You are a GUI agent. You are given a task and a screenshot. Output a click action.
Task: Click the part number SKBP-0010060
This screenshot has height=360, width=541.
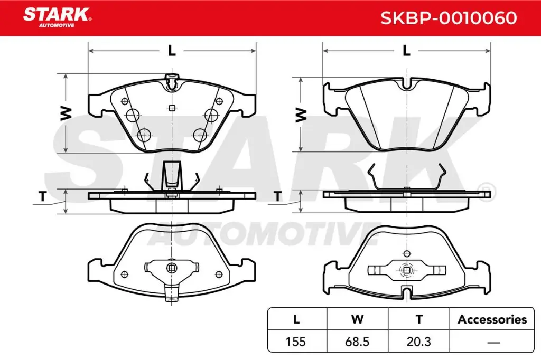[449, 18]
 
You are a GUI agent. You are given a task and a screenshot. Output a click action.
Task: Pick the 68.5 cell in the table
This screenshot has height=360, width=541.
[357, 342]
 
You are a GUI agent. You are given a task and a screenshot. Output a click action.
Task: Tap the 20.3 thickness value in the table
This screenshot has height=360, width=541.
[419, 342]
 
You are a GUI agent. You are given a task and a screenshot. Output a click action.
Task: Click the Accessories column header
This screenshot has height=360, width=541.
[492, 319]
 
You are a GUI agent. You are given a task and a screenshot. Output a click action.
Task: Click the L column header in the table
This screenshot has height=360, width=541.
[296, 319]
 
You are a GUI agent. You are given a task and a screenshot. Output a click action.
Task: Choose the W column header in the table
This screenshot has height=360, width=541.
[357, 319]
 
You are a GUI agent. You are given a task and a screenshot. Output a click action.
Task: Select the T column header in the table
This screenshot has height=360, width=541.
[419, 319]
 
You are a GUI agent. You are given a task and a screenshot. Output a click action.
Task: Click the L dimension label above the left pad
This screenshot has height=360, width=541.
[171, 51]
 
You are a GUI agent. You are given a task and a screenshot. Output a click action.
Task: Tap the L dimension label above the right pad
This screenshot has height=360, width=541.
[406, 51]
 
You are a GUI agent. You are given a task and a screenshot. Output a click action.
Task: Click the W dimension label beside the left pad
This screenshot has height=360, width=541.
[66, 113]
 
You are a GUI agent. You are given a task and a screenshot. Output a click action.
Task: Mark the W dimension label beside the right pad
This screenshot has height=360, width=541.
[300, 114]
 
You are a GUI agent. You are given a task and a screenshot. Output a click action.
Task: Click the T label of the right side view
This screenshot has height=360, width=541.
[277, 197]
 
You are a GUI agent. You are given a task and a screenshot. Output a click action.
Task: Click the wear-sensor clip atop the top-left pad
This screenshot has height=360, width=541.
[171, 82]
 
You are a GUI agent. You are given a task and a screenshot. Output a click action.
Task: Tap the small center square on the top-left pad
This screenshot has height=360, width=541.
[172, 108]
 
